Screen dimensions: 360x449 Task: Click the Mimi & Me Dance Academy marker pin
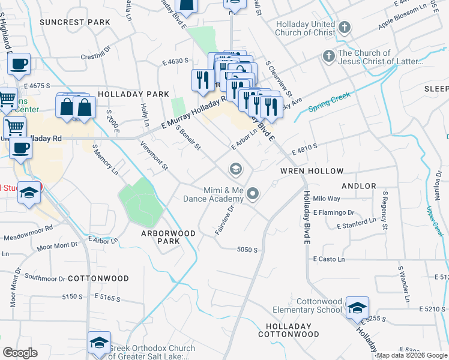coord(253,193)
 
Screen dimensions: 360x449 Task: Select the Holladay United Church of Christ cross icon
coord(345,28)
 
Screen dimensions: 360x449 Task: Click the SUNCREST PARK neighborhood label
coord(75,22)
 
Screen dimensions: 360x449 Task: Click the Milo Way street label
coord(327,199)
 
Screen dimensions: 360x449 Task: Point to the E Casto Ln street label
coord(329,259)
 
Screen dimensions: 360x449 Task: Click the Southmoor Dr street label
coord(45,278)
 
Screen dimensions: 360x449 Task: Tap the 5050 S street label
coord(247,250)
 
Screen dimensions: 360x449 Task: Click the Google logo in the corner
coord(20,353)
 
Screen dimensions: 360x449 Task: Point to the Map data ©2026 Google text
coord(411,355)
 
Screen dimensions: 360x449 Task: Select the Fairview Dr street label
coord(223,221)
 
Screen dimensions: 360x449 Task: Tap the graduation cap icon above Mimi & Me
coord(235,170)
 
